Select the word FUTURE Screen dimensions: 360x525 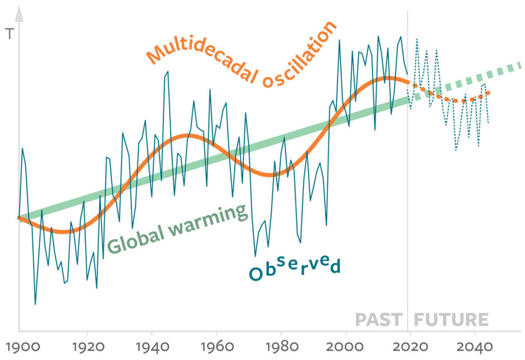(451, 320)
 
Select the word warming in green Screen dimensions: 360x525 (207, 218)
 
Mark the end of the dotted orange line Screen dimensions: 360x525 (487, 92)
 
